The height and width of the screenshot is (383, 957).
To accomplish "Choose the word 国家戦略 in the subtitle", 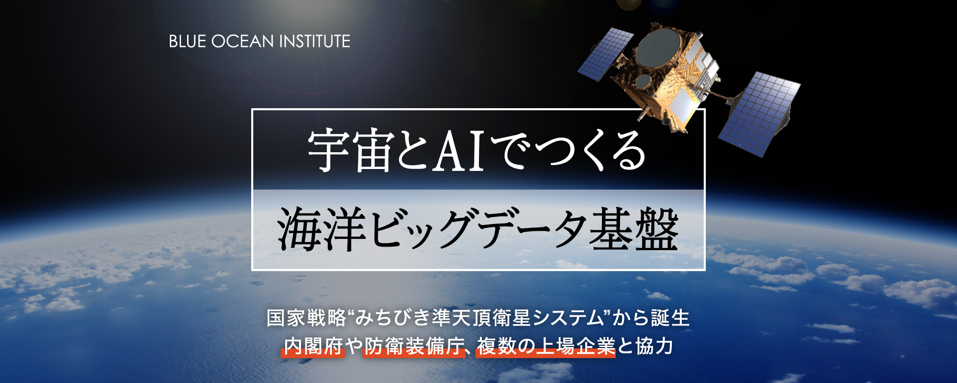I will click(306, 318).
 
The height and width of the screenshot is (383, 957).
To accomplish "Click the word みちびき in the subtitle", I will click(391, 318).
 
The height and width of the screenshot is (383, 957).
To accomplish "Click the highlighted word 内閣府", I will click(313, 347).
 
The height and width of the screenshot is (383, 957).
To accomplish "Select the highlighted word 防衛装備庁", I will click(414, 347).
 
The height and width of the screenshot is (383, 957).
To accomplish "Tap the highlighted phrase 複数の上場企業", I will click(545, 347).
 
